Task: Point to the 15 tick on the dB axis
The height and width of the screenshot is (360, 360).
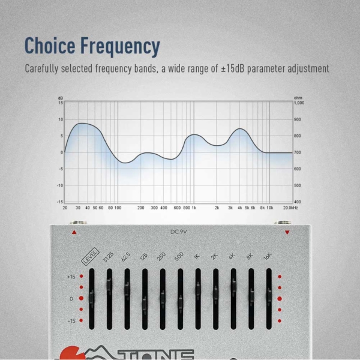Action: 60,103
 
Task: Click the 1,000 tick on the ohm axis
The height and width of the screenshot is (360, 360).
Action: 299,103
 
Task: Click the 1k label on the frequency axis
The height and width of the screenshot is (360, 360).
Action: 194,208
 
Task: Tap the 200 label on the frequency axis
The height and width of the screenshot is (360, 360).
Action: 140,208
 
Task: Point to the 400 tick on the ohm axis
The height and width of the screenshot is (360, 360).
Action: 298,202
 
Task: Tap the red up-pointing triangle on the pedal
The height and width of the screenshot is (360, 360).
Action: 74,232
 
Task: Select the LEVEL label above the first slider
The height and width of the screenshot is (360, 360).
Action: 90,260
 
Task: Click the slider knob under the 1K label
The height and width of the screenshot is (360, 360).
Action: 198,290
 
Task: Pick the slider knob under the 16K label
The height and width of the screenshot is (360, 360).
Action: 269,295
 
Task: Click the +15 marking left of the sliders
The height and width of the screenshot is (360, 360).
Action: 72,277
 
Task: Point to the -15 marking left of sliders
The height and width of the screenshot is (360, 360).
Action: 72,321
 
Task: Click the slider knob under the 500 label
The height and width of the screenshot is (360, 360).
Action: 180,299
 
